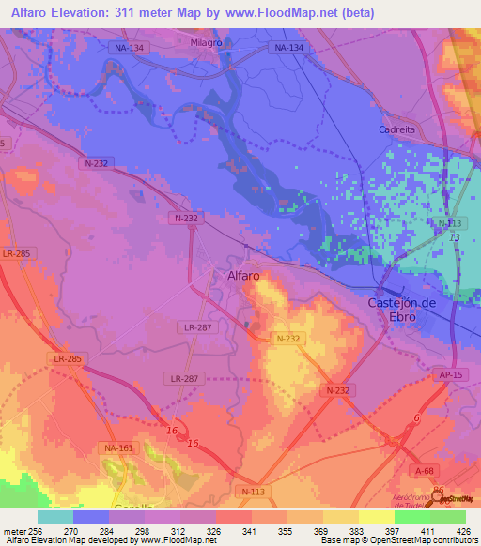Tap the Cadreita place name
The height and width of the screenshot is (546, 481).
tap(396, 129)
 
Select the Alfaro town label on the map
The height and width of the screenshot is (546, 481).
tap(243, 276)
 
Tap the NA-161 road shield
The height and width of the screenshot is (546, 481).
tap(118, 448)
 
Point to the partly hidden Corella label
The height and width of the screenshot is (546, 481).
tap(133, 507)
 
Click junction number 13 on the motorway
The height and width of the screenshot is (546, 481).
tap(455, 238)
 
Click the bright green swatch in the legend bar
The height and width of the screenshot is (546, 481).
tap(411, 517)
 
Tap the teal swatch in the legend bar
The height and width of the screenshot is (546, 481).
tap(55, 517)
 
